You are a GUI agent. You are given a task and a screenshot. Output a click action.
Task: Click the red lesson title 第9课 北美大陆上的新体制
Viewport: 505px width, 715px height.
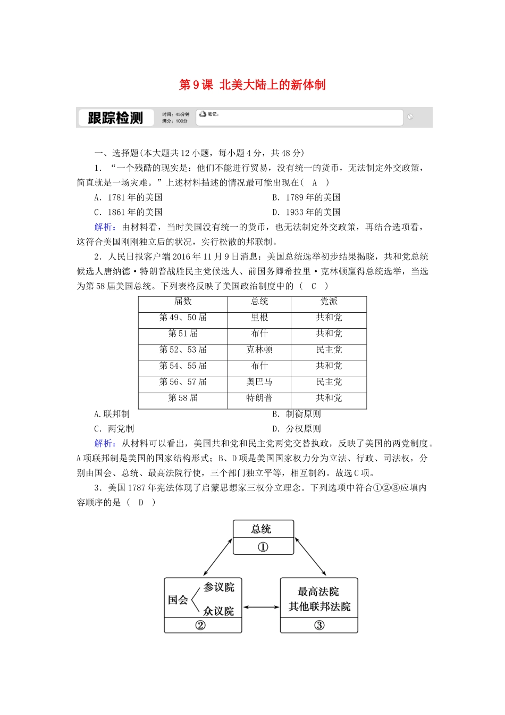[x=252, y=85]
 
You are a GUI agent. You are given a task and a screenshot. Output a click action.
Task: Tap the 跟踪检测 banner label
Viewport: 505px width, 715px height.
[x=115, y=118]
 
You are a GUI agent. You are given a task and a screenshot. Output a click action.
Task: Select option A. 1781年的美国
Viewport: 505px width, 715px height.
[x=128, y=197]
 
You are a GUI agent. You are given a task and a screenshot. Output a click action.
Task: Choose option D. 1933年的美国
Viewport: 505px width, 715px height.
[x=306, y=212]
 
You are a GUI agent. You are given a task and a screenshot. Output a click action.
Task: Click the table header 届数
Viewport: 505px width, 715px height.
[x=183, y=302]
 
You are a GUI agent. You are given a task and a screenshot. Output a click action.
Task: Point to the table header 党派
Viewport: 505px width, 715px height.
[x=329, y=302]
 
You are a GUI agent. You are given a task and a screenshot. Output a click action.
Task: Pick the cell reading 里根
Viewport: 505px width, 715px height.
[x=259, y=318]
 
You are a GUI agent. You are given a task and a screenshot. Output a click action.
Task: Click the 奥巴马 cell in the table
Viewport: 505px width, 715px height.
[x=259, y=382]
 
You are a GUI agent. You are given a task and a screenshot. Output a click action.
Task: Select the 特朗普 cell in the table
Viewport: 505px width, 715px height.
[x=259, y=398]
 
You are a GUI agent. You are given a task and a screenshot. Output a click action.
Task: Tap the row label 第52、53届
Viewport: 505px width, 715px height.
[x=183, y=350]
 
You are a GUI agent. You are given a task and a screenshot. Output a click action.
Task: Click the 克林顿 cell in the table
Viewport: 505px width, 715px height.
[x=259, y=350]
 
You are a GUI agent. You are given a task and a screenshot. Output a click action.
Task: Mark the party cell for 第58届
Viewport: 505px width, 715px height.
[x=329, y=398]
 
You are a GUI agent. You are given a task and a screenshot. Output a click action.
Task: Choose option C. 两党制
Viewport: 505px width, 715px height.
[x=114, y=429]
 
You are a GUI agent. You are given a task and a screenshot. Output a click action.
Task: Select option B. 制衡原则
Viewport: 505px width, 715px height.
[x=297, y=414]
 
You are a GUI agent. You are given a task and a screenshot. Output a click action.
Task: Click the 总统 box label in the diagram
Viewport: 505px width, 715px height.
[x=262, y=529]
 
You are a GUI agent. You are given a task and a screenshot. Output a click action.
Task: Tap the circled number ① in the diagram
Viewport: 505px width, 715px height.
[x=263, y=547]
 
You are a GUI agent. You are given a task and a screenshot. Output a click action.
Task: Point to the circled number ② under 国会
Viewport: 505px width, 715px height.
[x=200, y=626]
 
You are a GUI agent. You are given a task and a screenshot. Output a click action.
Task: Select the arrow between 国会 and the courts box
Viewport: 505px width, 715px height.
[x=261, y=607]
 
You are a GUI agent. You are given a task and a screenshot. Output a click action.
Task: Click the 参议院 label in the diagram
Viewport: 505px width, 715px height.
[x=218, y=587]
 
